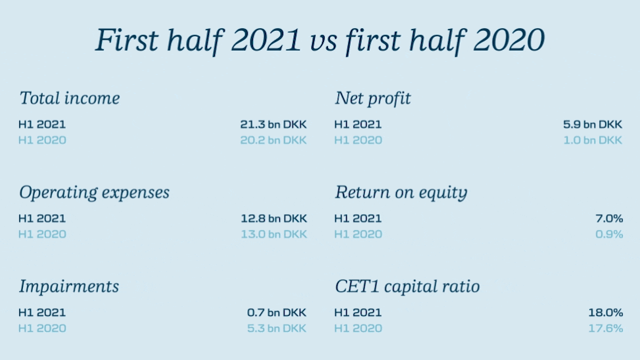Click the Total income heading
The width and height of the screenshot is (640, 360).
[70, 98]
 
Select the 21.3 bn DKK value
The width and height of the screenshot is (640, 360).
[273, 125]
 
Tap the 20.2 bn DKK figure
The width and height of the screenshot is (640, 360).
[273, 141]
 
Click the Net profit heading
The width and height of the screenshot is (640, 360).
[373, 99]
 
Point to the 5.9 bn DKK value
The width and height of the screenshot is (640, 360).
[593, 125]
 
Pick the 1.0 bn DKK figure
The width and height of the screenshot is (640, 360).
[593, 141]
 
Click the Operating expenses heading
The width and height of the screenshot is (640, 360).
[94, 192]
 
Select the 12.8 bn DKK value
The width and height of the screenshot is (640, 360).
[274, 219]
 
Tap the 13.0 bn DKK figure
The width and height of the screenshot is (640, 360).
[274, 235]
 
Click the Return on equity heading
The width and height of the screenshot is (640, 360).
[401, 192]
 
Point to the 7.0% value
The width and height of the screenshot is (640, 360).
[609, 219]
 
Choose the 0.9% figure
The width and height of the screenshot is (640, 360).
[609, 235]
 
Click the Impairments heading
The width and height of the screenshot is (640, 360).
[69, 286]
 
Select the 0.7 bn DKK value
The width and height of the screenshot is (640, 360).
[277, 313]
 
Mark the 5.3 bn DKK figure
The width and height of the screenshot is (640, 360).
[277, 328]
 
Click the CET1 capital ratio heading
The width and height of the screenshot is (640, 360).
[407, 286]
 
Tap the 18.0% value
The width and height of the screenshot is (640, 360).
[606, 313]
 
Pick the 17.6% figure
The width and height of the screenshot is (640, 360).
[606, 328]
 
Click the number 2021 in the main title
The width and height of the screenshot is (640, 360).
[266, 40]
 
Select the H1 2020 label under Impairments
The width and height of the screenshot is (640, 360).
[42, 328]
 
